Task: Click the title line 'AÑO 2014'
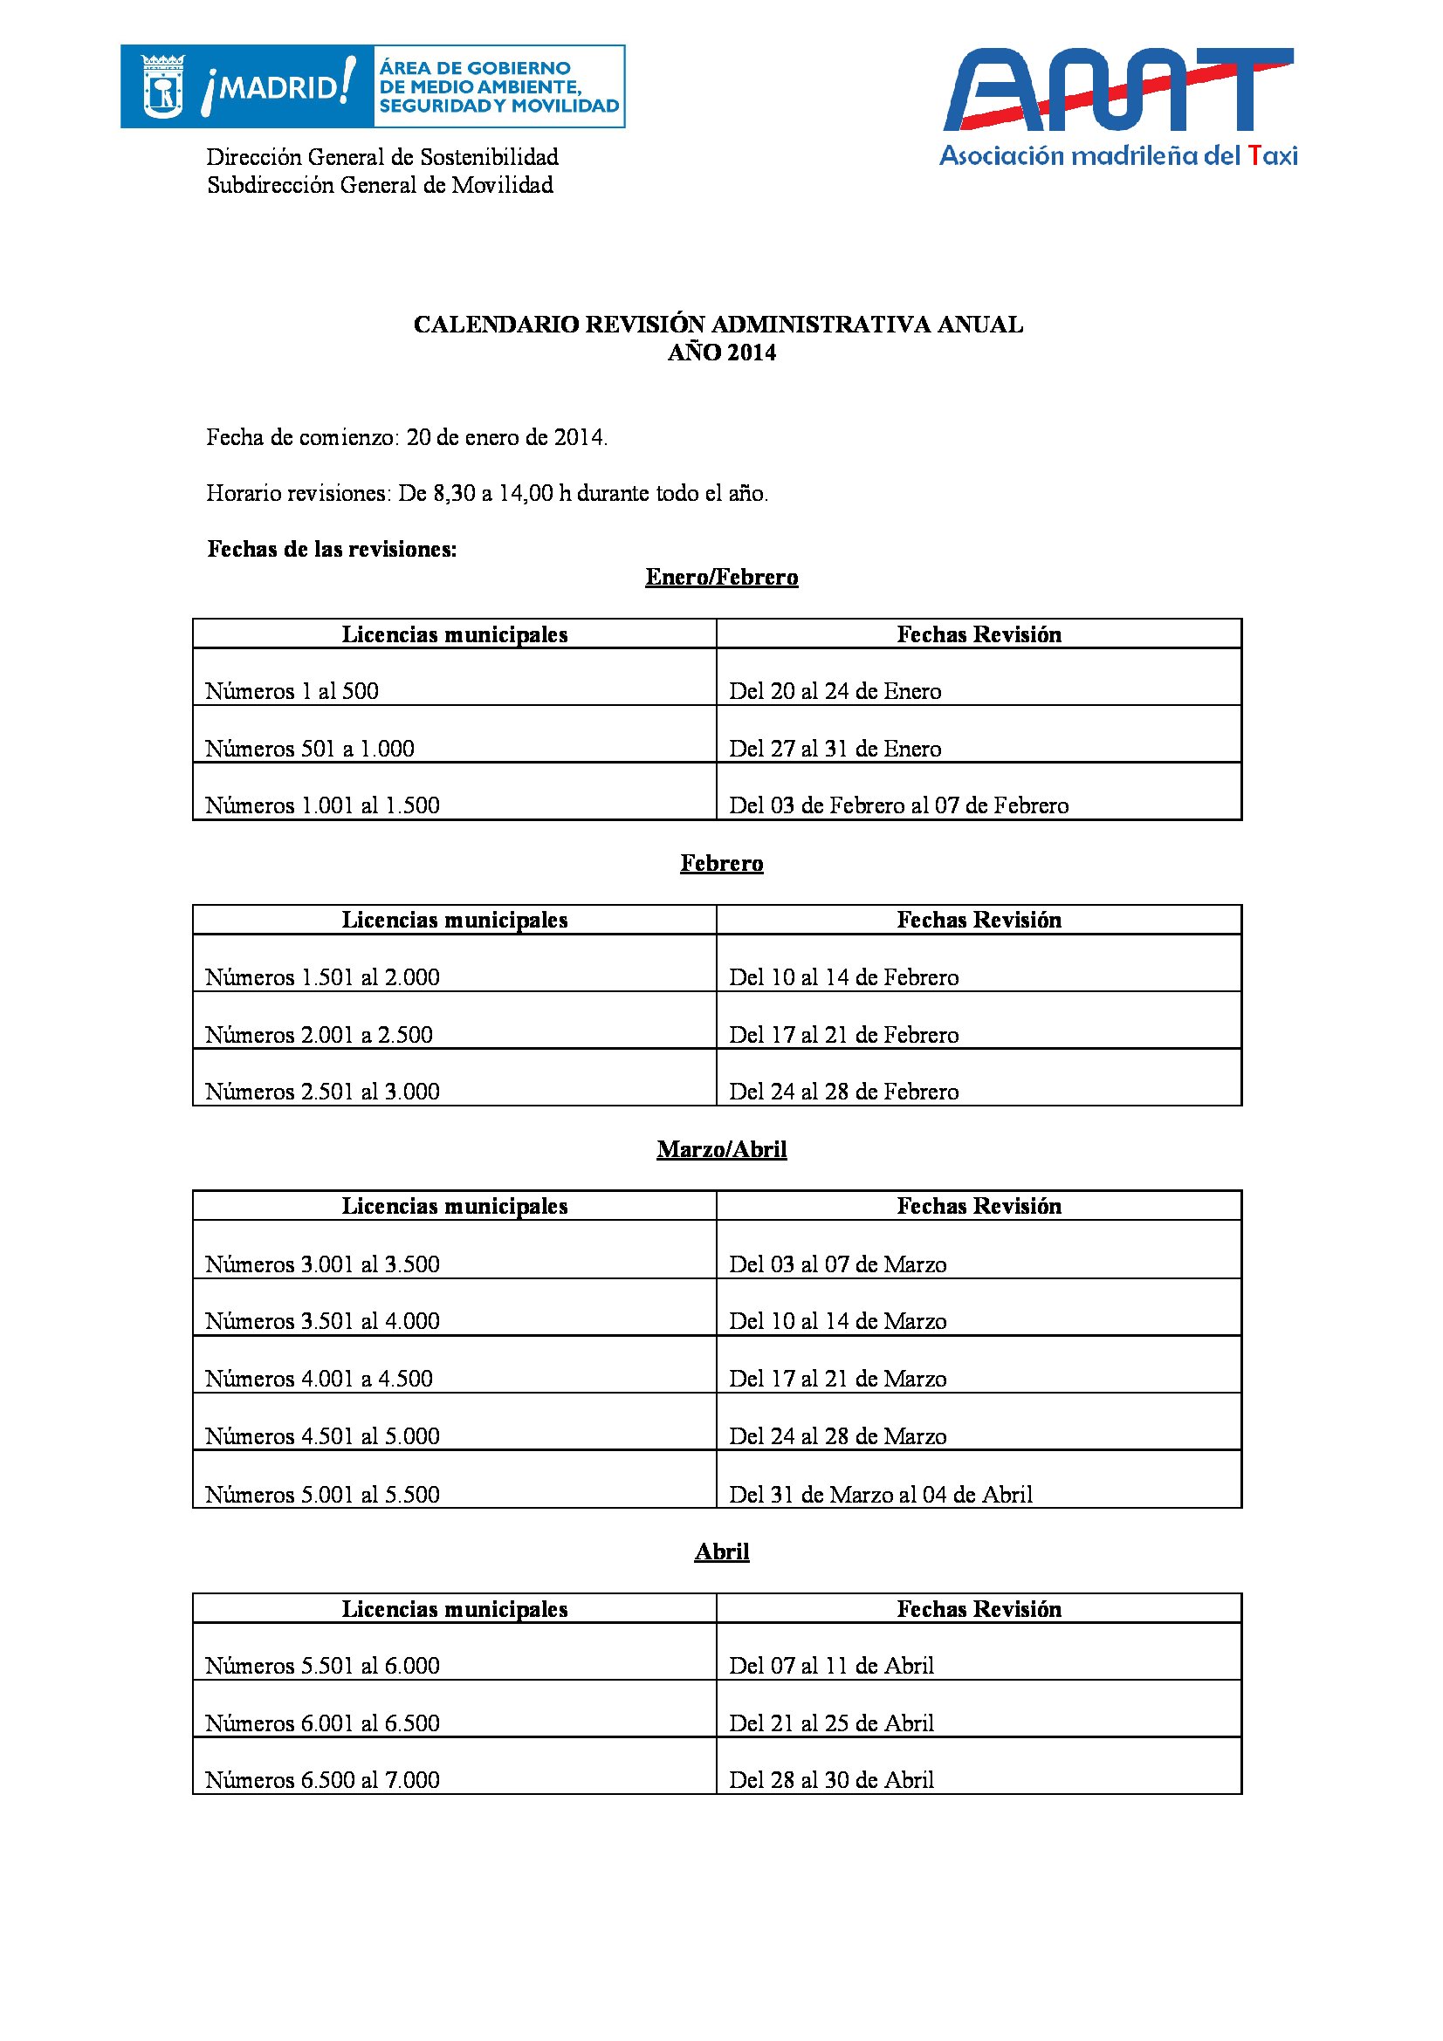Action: tap(721, 353)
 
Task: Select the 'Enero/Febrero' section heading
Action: tap(721, 578)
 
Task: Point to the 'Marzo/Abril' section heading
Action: tap(721, 1149)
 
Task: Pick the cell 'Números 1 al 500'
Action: tap(292, 691)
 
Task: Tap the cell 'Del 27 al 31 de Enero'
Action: tap(835, 749)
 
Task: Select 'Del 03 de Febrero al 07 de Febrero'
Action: tap(898, 805)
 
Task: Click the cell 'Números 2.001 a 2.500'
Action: tap(319, 1035)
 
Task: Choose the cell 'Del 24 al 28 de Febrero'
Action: tap(844, 1092)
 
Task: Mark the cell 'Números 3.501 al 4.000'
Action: tap(322, 1321)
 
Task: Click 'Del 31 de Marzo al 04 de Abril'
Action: tap(880, 1494)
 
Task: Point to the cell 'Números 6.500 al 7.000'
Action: tap(322, 1779)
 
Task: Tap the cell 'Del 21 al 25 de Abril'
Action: tap(831, 1723)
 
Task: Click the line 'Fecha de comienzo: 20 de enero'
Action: tap(407, 437)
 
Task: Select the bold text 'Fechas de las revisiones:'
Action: tap(332, 550)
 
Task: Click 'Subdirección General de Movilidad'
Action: tap(380, 185)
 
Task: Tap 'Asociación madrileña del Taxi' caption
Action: tap(1117, 156)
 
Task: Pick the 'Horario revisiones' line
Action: tap(487, 493)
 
